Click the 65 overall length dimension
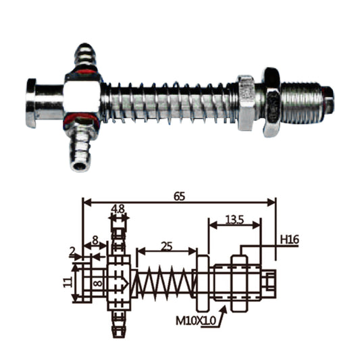179,197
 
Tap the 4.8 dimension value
118,209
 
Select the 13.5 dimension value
234,220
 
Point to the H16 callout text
290,240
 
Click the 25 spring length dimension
167,247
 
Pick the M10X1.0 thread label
196,321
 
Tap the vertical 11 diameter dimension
67,282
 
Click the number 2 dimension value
72,252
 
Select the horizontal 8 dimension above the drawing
95,240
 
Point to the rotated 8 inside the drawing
98,283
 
